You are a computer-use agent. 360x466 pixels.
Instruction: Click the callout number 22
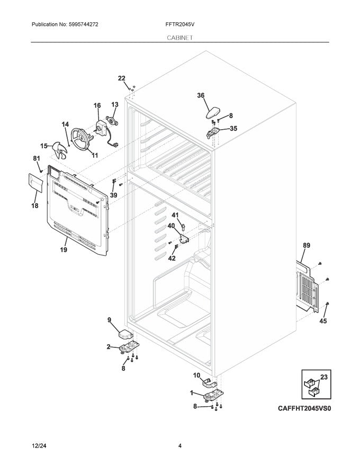(122, 78)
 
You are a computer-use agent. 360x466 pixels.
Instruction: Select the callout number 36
(201, 96)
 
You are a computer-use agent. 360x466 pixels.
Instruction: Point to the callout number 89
(307, 245)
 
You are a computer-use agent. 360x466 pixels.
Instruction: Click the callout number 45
(322, 321)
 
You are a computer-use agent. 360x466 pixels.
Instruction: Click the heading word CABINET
(179, 38)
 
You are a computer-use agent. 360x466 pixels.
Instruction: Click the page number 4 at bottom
(180, 445)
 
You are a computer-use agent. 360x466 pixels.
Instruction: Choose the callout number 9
(110, 320)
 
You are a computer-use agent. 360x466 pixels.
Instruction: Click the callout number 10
(196, 375)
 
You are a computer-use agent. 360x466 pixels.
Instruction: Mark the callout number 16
(97, 106)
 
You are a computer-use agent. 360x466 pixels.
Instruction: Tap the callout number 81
(37, 158)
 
